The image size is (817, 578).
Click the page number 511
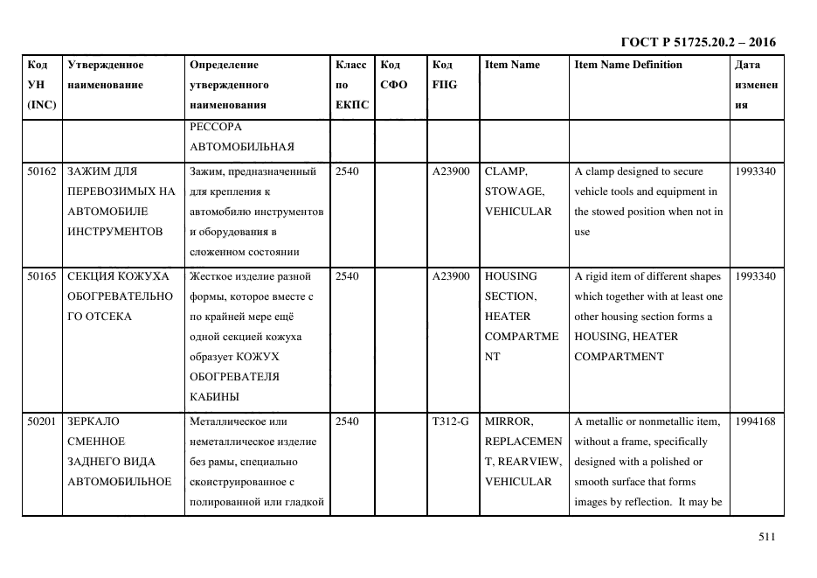pyautogui.click(x=766, y=538)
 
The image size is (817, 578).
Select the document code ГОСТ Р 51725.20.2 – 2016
pyautogui.click(x=698, y=42)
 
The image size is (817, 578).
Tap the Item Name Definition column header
pyautogui.click(x=628, y=65)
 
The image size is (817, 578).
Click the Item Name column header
pyautogui.click(x=512, y=65)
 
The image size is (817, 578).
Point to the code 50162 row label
pyautogui.click(x=41, y=171)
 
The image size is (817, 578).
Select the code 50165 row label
pyautogui.click(x=41, y=276)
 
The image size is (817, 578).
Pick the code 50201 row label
pyautogui.click(x=41, y=421)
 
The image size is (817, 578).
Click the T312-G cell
pyautogui.click(x=450, y=421)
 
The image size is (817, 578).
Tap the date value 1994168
pyautogui.click(x=755, y=421)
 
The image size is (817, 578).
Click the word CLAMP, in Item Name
pyautogui.click(x=506, y=171)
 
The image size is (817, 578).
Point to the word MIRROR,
pyautogui.click(x=508, y=421)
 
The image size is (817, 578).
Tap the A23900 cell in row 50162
pyautogui.click(x=451, y=171)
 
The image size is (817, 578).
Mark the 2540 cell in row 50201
pyautogui.click(x=347, y=421)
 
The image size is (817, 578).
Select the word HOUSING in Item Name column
pyautogui.click(x=511, y=276)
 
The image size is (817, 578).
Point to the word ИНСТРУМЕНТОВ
pyautogui.click(x=114, y=232)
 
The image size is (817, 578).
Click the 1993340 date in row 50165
pyautogui.click(x=755, y=276)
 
